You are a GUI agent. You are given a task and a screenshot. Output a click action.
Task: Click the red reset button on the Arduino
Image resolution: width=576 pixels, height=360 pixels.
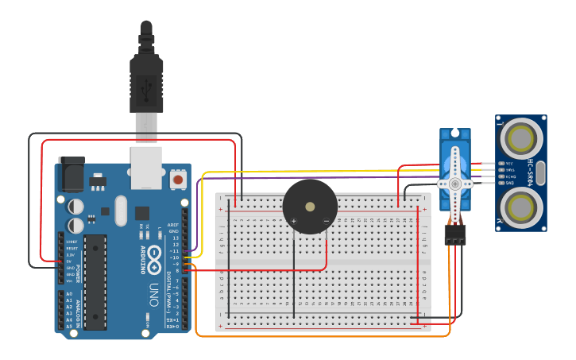pyautogui.click(x=179, y=180)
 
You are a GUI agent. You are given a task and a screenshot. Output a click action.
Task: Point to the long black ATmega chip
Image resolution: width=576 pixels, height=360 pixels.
pyautogui.click(x=95, y=281)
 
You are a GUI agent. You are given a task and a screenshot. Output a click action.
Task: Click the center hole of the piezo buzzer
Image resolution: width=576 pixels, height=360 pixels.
pyautogui.click(x=310, y=206)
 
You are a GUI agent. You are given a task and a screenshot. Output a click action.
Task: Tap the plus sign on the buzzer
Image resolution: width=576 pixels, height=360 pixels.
pyautogui.click(x=294, y=220)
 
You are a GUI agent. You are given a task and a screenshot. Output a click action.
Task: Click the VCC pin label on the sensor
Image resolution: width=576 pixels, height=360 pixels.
pyautogui.click(x=509, y=164)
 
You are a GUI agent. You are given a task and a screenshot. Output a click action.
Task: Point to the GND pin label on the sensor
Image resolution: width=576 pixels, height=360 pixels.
pyautogui.click(x=509, y=183)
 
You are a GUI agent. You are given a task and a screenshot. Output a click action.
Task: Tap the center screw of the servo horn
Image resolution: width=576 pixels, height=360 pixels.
pyautogui.click(x=455, y=183)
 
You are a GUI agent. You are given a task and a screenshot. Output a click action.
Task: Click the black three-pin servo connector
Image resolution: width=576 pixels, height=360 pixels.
pyautogui.click(x=455, y=234)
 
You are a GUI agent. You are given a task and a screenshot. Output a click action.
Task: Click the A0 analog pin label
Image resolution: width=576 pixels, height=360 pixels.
pyautogui.click(x=69, y=294)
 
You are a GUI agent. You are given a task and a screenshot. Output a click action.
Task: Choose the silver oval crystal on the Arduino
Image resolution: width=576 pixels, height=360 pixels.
pyautogui.click(x=121, y=211)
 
